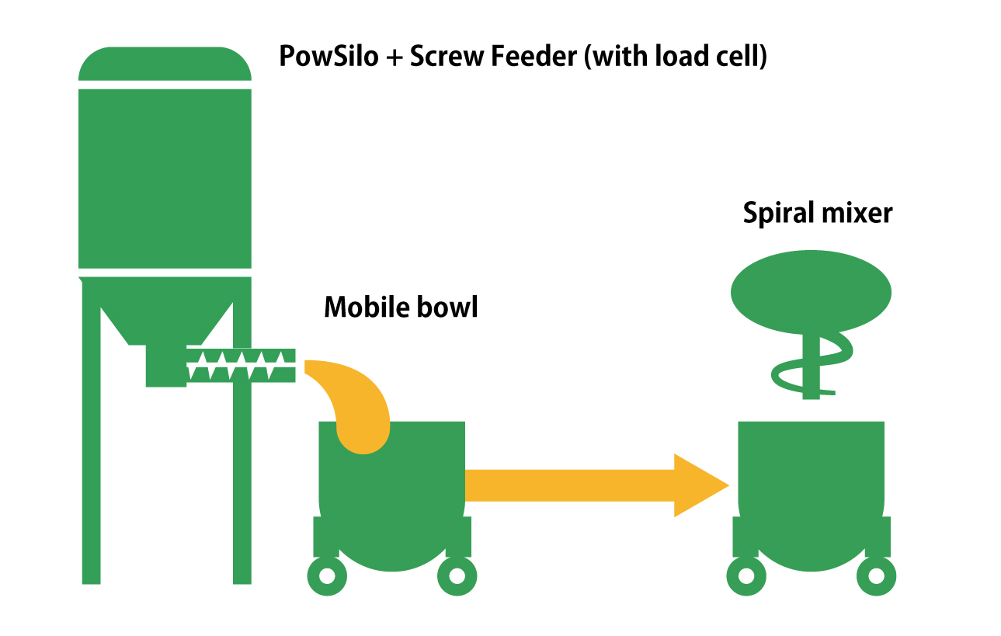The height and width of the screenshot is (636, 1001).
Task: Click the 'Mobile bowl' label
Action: [x=401, y=308]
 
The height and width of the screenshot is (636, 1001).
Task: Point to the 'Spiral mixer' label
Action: [x=818, y=213]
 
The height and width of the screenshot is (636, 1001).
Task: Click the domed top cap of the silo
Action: [x=165, y=64]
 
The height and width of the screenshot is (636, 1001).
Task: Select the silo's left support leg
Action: [x=92, y=443]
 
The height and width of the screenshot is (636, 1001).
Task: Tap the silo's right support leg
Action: [x=242, y=481]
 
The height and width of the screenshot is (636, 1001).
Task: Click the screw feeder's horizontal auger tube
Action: [x=242, y=365]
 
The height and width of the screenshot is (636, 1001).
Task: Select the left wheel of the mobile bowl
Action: [x=327, y=575]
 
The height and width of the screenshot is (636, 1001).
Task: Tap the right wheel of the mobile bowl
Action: [x=457, y=575]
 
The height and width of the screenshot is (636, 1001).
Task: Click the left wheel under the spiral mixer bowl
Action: [x=746, y=575]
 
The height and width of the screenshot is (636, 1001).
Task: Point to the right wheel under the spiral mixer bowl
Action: [x=876, y=575]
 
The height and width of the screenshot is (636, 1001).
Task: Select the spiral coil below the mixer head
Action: [x=810, y=365]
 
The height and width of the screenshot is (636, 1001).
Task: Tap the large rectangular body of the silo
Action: [x=165, y=179]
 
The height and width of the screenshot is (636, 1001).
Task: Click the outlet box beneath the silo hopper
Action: [x=165, y=367]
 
